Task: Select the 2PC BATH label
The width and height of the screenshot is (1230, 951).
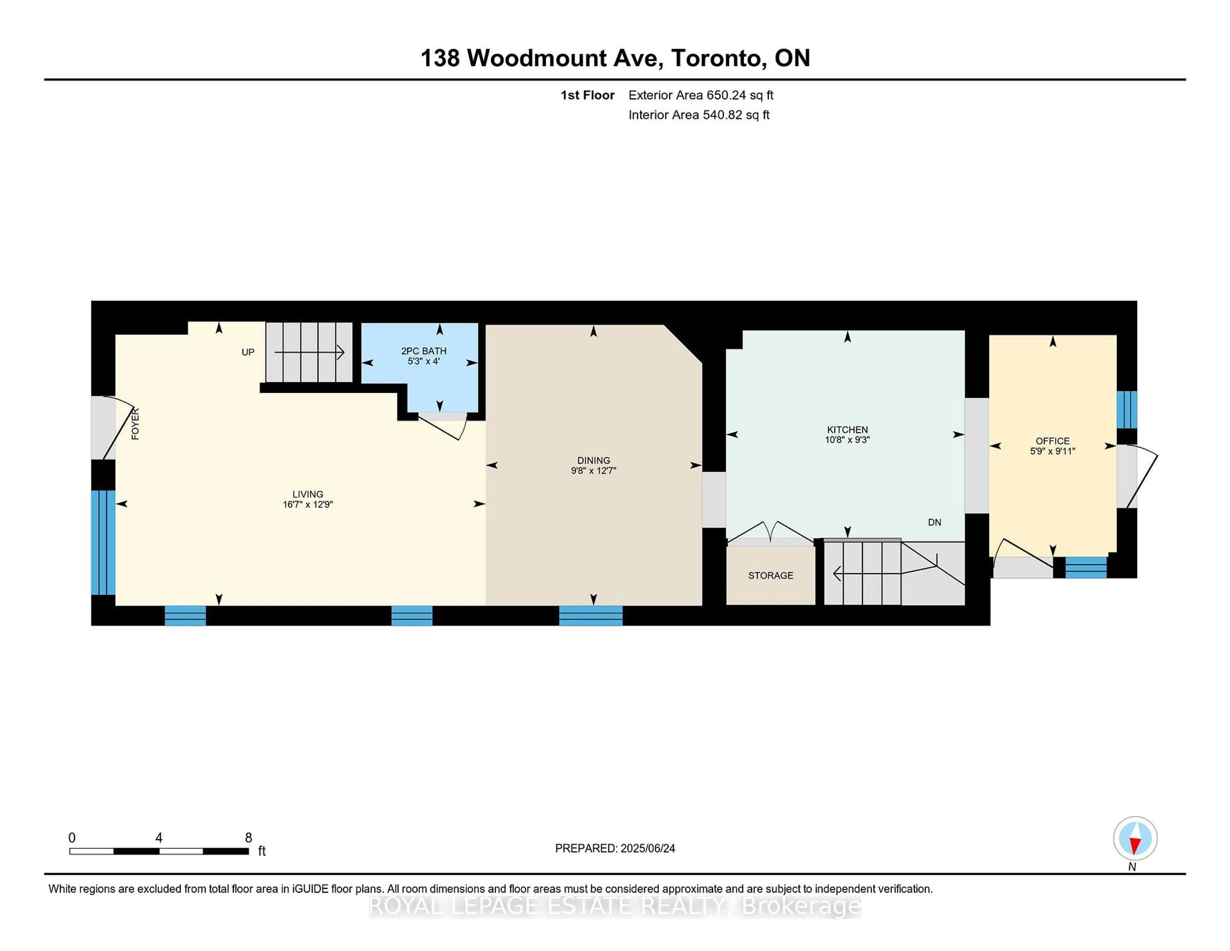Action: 423,351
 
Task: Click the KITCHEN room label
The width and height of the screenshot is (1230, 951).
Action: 847,429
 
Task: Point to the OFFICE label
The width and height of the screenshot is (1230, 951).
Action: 1052,441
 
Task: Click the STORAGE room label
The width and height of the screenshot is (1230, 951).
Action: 770,575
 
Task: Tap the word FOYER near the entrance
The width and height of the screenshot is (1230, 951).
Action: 135,424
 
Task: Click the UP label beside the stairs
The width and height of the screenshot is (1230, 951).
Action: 248,352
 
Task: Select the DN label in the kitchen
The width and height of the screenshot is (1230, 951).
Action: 934,522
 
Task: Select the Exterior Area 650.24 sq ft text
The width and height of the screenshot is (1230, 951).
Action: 701,95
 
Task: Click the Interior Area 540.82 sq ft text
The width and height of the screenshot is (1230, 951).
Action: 698,115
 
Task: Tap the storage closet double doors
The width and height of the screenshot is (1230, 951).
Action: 770,534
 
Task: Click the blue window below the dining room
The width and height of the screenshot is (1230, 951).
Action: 591,615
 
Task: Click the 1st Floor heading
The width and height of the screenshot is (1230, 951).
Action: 587,95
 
